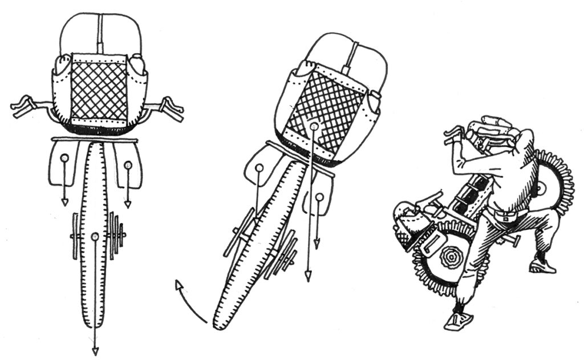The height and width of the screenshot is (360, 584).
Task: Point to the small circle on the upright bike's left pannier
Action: click(x=64, y=157)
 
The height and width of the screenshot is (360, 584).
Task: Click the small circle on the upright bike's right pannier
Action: click(x=128, y=165)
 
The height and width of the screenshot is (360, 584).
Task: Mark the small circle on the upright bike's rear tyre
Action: click(x=95, y=236)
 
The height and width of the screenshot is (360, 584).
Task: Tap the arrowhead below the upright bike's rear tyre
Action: click(x=95, y=349)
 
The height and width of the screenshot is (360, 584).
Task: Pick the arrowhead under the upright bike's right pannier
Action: click(x=128, y=204)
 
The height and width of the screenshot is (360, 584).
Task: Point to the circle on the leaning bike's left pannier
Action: click(x=259, y=168)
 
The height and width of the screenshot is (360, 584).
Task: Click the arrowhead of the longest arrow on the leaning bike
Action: click(x=308, y=277)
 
